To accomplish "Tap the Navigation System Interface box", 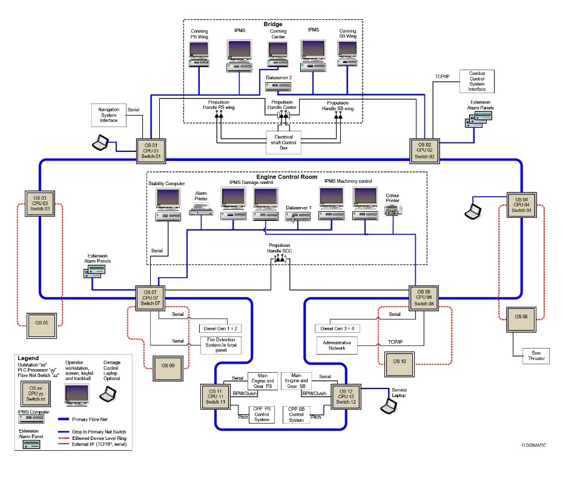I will (x=109, y=114).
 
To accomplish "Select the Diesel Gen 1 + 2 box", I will (x=219, y=329).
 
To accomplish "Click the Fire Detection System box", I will (x=219, y=346).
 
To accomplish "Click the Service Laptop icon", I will (x=387, y=406).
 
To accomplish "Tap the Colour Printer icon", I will (x=393, y=209).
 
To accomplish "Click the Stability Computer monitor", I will (x=168, y=198).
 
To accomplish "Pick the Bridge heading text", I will (x=273, y=24).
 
